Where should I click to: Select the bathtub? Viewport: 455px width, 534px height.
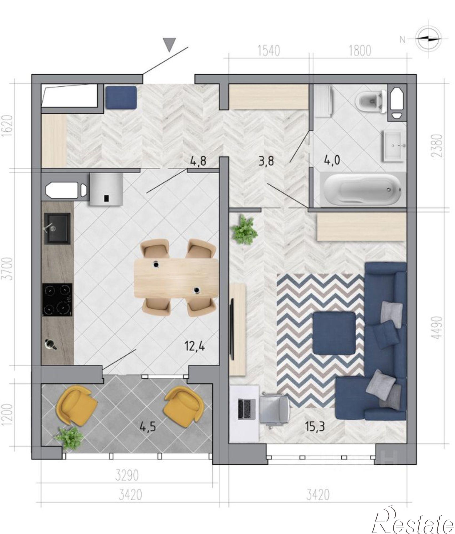pos(362,189)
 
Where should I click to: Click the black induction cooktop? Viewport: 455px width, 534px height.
pos(57,300)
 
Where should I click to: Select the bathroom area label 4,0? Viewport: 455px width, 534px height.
pos(332,161)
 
